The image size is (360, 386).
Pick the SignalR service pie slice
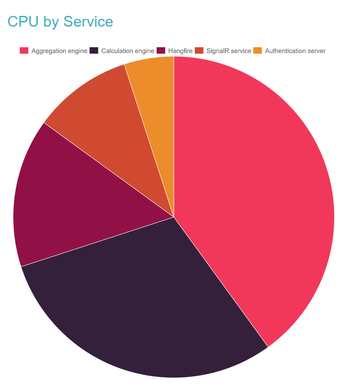[107, 116]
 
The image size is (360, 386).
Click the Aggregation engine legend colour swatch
[24, 51]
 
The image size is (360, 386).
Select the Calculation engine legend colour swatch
[94, 51]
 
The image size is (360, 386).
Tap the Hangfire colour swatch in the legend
[161, 51]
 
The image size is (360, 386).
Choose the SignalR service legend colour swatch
[199, 51]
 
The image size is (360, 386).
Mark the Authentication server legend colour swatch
[257, 51]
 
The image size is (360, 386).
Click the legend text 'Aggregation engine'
[59, 51]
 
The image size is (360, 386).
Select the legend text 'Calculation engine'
[127, 51]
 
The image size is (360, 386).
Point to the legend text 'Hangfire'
[180, 51]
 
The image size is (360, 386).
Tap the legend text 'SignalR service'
[229, 51]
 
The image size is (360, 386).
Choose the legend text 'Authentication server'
[295, 51]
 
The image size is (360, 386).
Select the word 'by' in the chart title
[51, 21]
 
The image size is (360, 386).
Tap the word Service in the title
[88, 21]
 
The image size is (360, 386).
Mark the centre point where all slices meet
[174, 217]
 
